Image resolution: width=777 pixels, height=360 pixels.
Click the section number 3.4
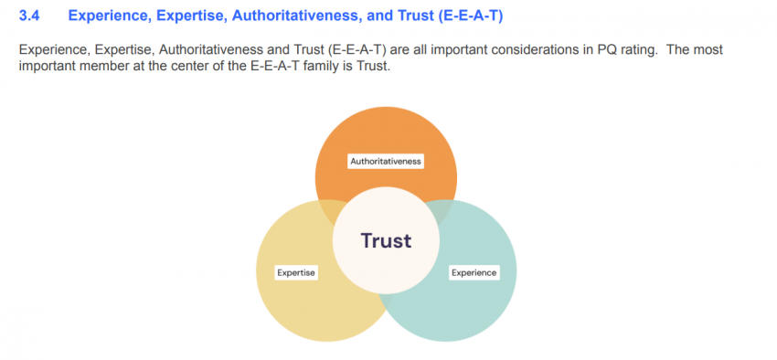coord(28,16)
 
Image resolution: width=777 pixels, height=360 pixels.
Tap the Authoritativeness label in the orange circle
coord(386,161)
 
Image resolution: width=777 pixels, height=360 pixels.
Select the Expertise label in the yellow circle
coord(296,272)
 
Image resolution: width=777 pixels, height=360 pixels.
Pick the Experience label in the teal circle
coord(474,272)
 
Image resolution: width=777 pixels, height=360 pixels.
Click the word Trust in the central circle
coord(386,240)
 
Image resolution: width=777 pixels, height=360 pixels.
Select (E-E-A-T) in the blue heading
coord(470,16)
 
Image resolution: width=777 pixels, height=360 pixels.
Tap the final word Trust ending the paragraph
coord(372,66)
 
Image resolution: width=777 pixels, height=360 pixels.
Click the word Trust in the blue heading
coord(417,16)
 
